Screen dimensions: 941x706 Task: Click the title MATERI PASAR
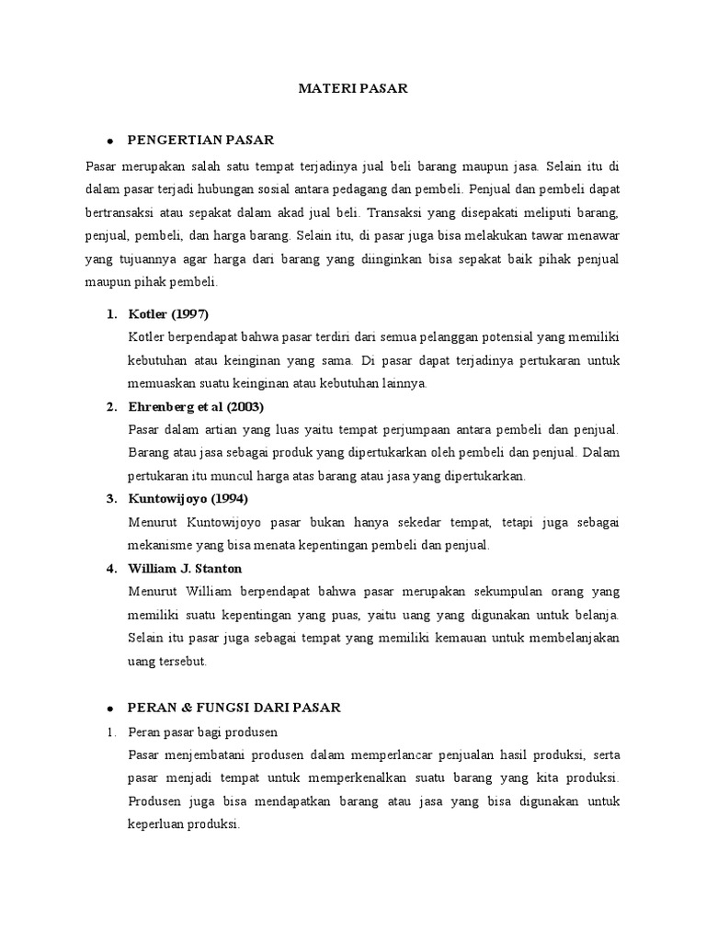[x=353, y=88]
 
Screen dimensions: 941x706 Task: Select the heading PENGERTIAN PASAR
[x=200, y=141]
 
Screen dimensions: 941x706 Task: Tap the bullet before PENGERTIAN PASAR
[x=109, y=142]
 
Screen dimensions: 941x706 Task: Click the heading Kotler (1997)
[x=169, y=313]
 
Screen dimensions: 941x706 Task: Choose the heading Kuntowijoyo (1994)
[x=189, y=498]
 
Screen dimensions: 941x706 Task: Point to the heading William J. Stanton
[x=186, y=568]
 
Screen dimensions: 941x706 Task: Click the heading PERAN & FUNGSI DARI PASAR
[x=234, y=707]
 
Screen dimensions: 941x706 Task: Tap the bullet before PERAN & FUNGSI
[x=109, y=708]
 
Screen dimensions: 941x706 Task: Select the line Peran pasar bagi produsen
[x=203, y=731]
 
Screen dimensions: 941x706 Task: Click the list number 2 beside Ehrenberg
[x=110, y=406]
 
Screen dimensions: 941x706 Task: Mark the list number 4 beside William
[x=110, y=568]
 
